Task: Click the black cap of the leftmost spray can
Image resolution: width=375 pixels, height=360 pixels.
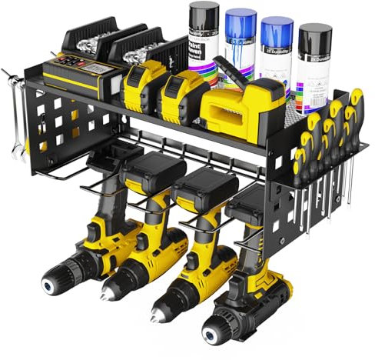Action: click(203, 14)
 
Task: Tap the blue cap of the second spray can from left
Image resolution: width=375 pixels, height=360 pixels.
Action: click(241, 21)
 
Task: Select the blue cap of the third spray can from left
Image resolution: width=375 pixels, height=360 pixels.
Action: click(276, 29)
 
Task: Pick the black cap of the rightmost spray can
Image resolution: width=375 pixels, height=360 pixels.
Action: click(314, 35)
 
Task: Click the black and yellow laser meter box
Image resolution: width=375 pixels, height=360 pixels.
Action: click(77, 75)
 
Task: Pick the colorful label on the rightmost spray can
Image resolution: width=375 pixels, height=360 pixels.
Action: click(313, 77)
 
